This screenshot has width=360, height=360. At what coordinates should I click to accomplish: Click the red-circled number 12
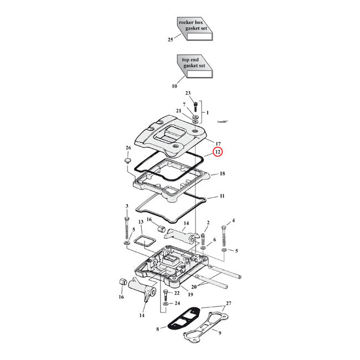point(217,151)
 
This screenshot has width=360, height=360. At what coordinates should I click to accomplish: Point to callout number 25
point(171,40)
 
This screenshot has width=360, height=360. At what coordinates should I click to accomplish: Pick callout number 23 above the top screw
point(188,93)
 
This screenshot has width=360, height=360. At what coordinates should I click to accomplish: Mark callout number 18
point(222,174)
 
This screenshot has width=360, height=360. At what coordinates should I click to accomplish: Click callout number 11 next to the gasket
point(222,196)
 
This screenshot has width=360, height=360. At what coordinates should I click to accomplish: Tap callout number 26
point(128,148)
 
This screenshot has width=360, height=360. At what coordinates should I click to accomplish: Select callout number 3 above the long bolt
point(127,206)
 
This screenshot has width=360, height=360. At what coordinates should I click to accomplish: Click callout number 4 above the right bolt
point(233,221)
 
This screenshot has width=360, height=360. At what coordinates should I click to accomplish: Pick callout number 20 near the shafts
point(193,287)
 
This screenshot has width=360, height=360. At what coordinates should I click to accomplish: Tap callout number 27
point(229,304)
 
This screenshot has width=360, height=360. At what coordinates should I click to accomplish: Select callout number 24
point(177,304)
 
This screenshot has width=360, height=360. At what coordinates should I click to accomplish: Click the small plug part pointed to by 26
point(126,161)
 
